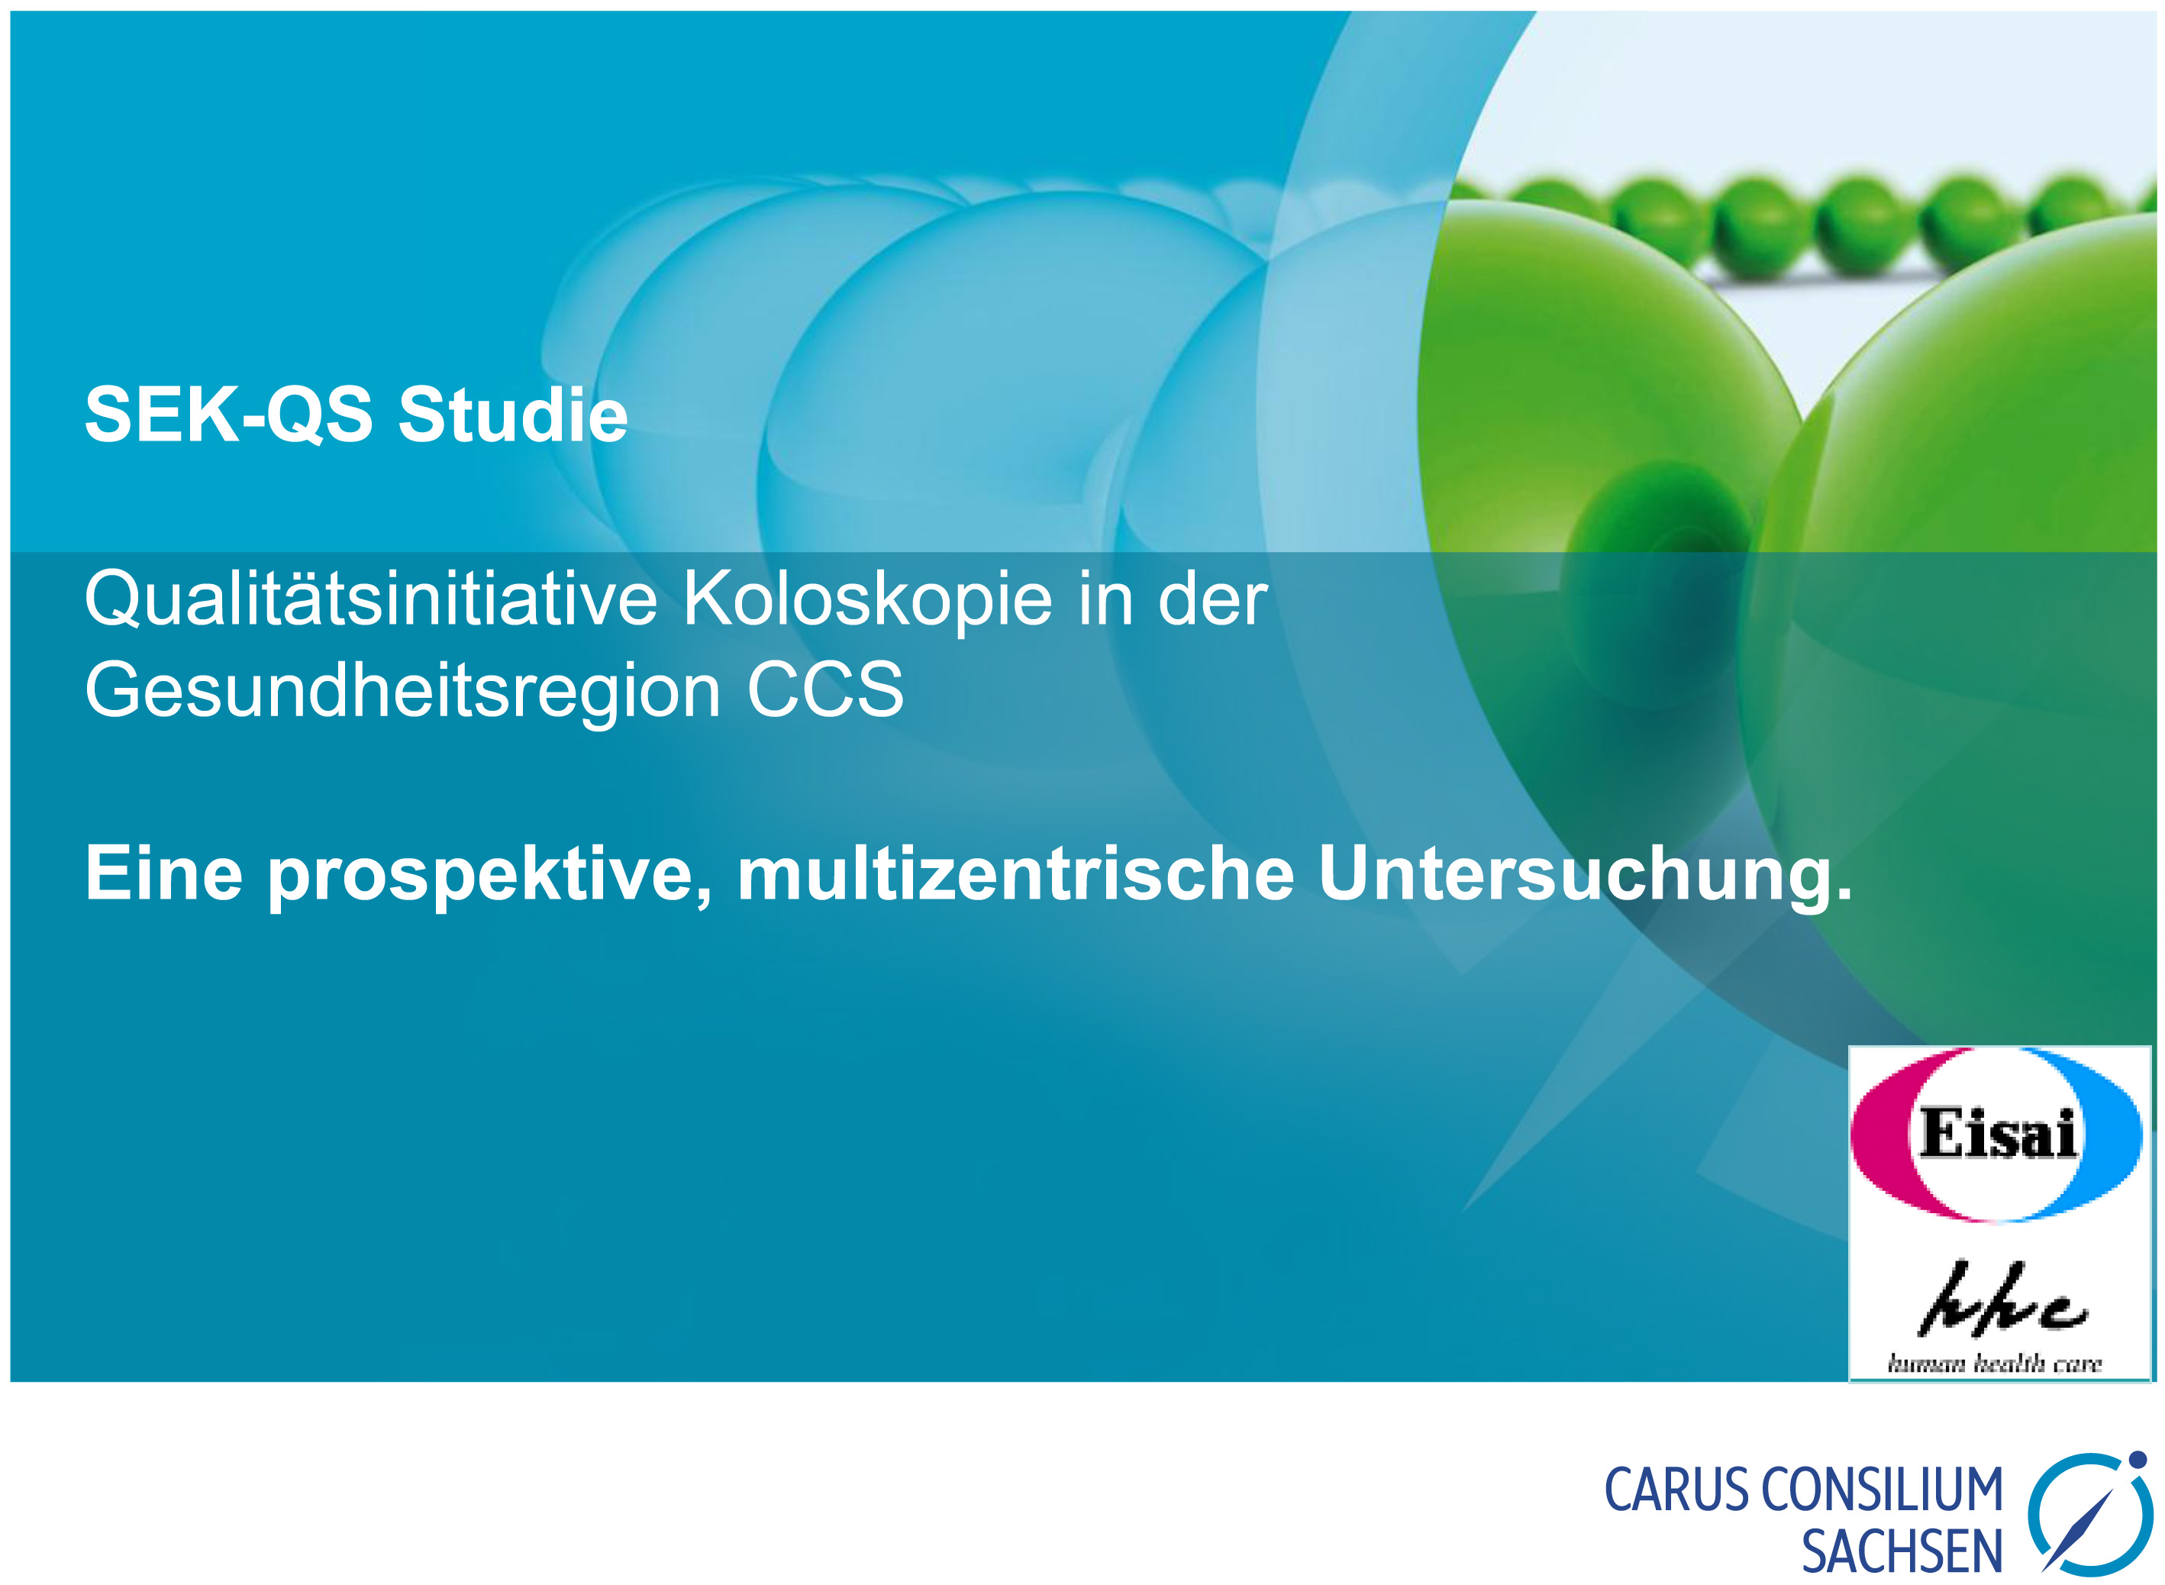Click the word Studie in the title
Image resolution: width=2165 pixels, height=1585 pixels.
pyautogui.click(x=513, y=415)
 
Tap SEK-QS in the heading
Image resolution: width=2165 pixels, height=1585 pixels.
pyautogui.click(x=228, y=415)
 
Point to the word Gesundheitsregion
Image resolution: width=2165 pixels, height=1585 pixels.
pyautogui.click(x=403, y=692)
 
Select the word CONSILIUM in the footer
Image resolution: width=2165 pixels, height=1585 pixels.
pyautogui.click(x=1882, y=1491)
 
